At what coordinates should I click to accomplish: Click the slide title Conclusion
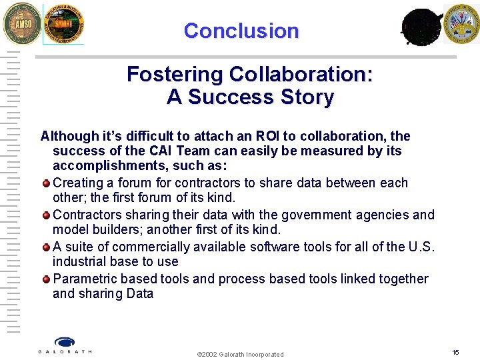(241, 31)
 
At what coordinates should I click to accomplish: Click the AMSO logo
(21, 23)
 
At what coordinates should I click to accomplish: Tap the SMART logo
(63, 25)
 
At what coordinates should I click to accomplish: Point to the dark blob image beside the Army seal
(421, 27)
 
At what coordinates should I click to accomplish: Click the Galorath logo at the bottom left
(65, 345)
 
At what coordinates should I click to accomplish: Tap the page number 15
(455, 352)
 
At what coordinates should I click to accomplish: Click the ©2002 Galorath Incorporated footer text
(240, 354)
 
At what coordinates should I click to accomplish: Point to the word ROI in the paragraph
(269, 136)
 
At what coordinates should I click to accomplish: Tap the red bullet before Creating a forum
(46, 183)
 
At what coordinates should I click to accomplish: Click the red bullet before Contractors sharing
(46, 215)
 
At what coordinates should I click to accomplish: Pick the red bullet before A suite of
(46, 247)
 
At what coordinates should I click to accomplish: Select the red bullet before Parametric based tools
(46, 279)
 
